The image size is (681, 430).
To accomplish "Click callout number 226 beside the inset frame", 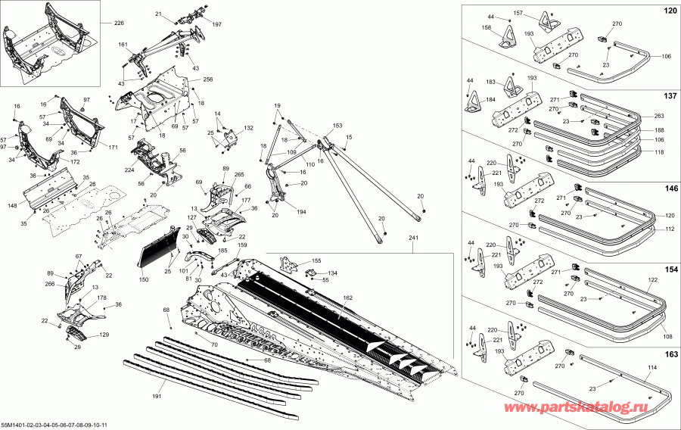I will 119,24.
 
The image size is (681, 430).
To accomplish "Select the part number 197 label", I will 217,25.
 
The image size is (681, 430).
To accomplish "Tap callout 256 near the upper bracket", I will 208,79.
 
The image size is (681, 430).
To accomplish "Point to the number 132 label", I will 248,129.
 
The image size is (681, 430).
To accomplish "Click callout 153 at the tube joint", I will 337,126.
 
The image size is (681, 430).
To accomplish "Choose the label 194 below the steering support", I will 303,211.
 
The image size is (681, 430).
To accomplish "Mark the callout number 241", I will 413,238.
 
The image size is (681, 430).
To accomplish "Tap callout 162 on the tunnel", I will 348,298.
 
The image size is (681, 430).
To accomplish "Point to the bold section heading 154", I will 670,270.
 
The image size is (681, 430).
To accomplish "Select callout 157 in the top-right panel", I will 540,14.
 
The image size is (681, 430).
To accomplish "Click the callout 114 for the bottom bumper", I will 632,367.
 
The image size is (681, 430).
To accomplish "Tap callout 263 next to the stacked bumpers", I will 658,117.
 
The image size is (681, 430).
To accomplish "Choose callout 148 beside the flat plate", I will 13,205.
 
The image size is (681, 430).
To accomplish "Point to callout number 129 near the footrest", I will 104,335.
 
